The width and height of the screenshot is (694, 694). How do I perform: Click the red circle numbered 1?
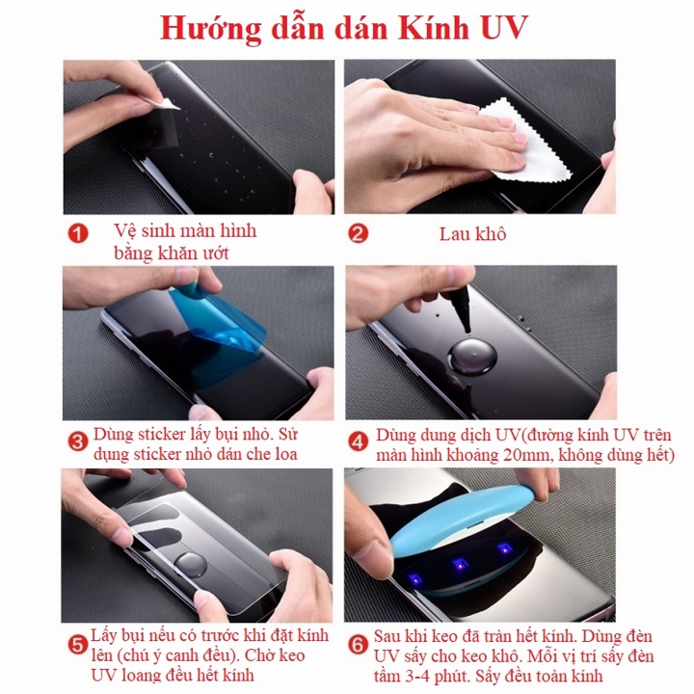click(x=77, y=233)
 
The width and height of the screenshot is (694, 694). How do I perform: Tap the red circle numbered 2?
click(x=358, y=233)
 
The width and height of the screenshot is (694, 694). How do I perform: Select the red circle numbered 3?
click(x=78, y=442)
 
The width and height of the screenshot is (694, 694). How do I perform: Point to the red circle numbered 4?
click(x=358, y=442)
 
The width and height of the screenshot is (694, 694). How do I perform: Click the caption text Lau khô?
click(x=472, y=233)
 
